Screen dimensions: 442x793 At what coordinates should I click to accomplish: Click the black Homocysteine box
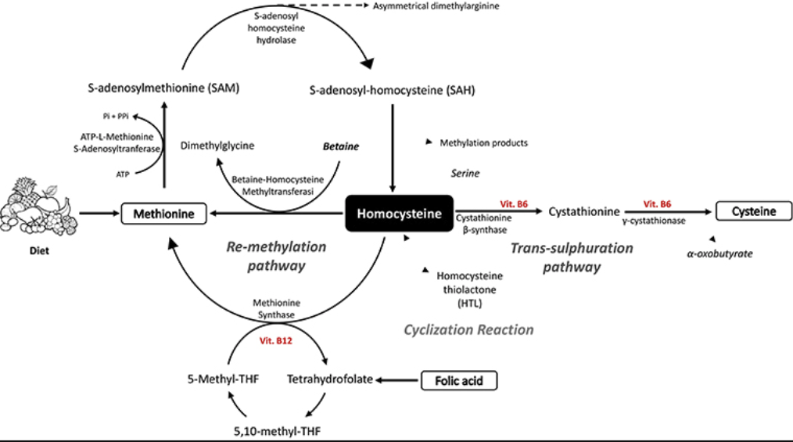pyautogui.click(x=399, y=213)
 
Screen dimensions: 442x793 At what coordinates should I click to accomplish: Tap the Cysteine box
pyautogui.click(x=753, y=211)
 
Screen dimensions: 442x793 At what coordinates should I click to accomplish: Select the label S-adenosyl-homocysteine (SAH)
pyautogui.click(x=393, y=90)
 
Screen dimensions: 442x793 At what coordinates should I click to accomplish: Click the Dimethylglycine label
pyautogui.click(x=217, y=146)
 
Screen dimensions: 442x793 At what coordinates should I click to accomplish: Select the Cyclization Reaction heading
pyautogui.click(x=468, y=329)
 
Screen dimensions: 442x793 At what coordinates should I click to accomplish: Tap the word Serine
pyautogui.click(x=465, y=173)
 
